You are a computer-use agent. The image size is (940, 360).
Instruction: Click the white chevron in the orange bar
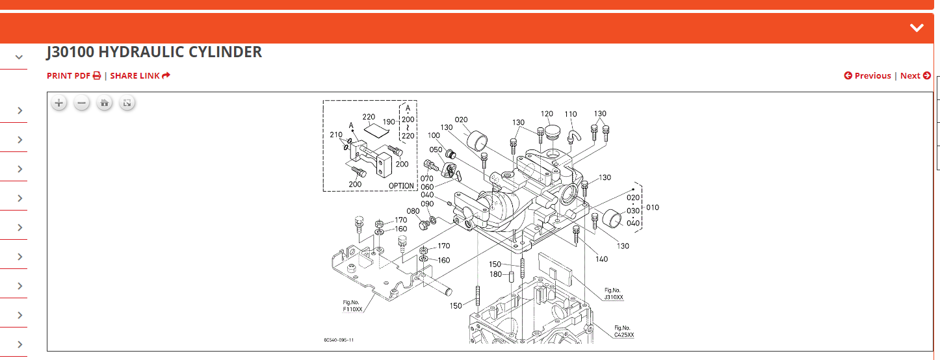[x=917, y=27]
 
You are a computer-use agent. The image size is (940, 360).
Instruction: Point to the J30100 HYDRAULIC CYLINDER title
[x=154, y=52]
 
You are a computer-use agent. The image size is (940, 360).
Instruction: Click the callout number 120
[x=547, y=114]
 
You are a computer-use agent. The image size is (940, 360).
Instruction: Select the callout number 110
[x=571, y=114]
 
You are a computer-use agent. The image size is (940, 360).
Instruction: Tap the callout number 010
[x=652, y=208]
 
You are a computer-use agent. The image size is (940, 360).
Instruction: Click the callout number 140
[x=601, y=259]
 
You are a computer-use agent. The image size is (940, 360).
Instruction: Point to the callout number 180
[x=495, y=274]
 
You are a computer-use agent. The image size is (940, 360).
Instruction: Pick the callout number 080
[x=413, y=211]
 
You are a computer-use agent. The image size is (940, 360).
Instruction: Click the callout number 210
[x=336, y=135]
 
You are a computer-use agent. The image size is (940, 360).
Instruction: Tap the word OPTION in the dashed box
[x=401, y=186]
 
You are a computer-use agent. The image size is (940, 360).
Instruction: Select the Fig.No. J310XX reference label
[x=614, y=294]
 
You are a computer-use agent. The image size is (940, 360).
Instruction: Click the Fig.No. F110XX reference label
[x=352, y=306]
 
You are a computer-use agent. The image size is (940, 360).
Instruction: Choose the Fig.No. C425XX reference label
[x=623, y=331]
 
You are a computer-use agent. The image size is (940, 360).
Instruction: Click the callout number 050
[x=436, y=150]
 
